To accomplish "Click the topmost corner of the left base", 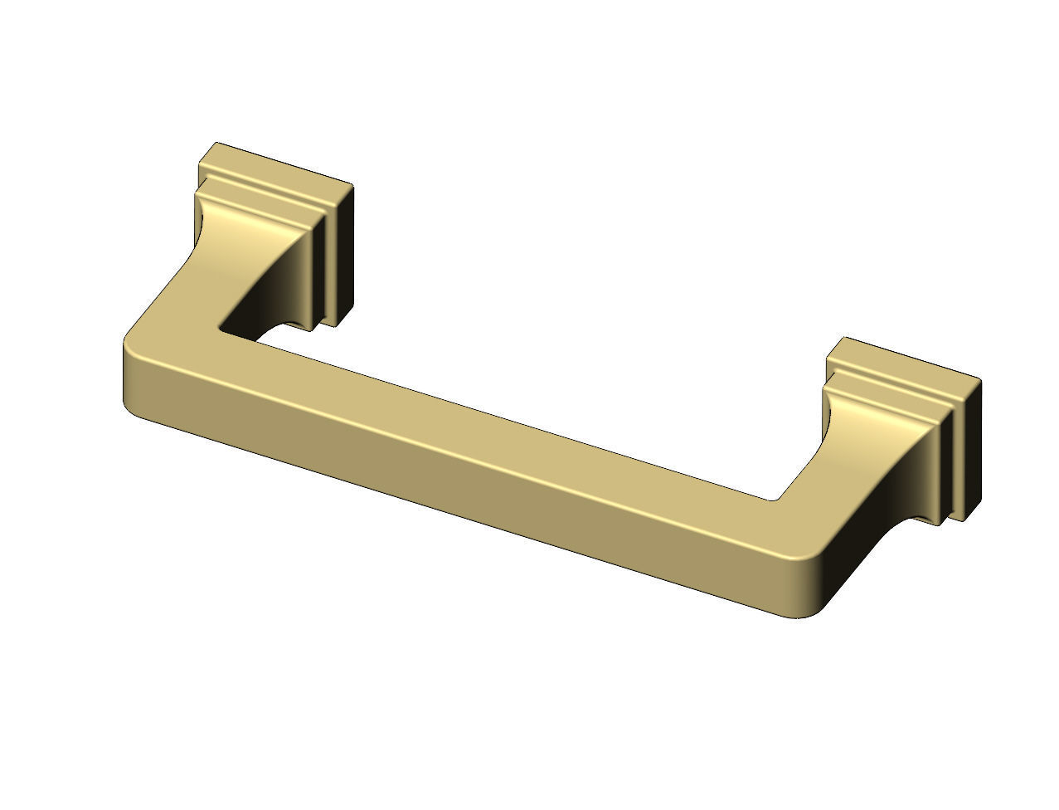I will point(216,143).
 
